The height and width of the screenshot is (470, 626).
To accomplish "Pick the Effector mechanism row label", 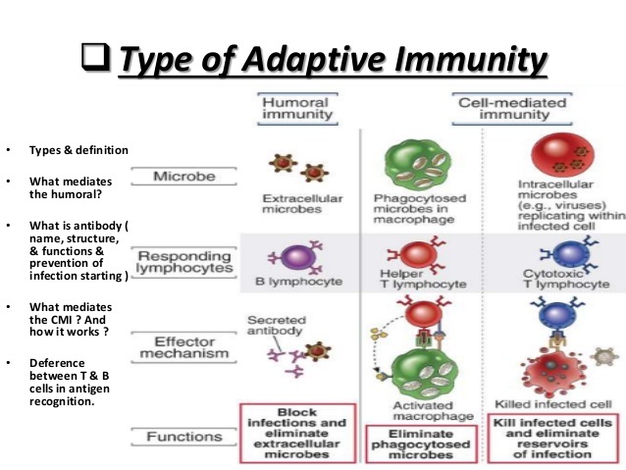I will [188, 346].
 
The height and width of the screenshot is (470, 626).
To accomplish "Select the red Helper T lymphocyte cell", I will [405, 254].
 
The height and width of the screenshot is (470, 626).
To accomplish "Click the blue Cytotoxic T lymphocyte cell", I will [548, 254].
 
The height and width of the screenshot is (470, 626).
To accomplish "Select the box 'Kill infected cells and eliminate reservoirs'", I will [550, 437].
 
